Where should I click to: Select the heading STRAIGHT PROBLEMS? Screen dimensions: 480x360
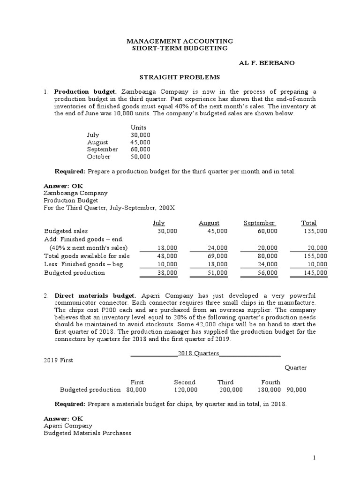(x=181, y=77)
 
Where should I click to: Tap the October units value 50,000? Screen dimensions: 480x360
(x=141, y=157)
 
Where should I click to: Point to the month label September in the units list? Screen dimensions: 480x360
(x=102, y=149)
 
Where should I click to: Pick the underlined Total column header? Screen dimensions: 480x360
(x=308, y=223)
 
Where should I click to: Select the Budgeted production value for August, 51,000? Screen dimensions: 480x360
(x=217, y=272)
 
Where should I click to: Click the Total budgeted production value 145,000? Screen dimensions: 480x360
(x=315, y=272)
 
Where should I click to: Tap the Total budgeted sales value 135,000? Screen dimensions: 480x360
(x=315, y=231)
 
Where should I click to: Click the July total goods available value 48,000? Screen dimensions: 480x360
(x=167, y=256)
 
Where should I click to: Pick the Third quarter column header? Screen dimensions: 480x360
(x=225, y=382)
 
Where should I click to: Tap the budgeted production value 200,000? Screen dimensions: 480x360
(x=231, y=390)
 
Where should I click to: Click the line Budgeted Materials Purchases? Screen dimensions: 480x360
(x=87, y=433)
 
